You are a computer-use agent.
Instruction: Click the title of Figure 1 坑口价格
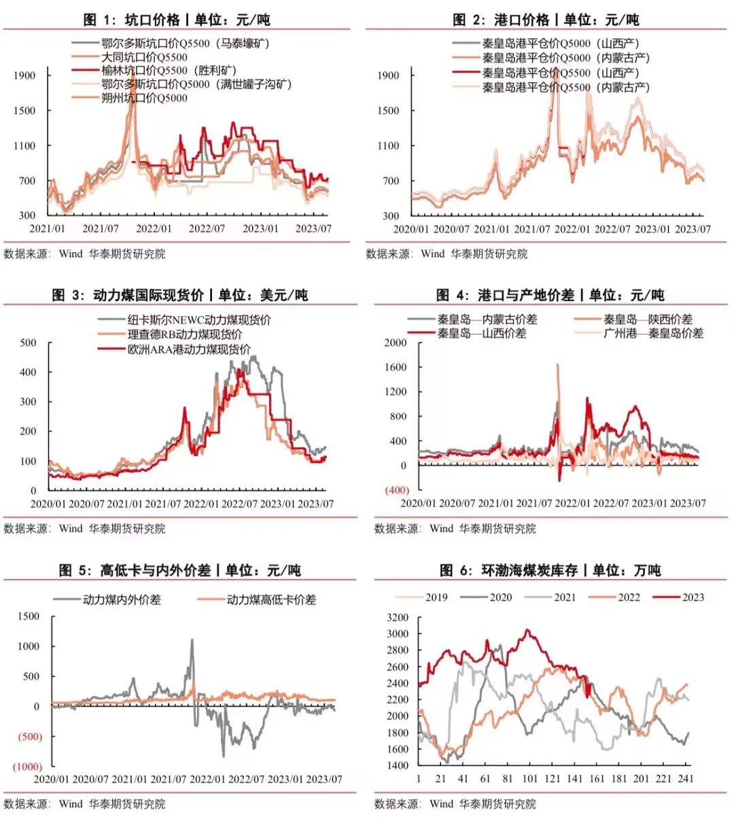177,20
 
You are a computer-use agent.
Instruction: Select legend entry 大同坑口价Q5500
144,57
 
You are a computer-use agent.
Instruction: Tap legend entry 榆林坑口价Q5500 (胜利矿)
168,71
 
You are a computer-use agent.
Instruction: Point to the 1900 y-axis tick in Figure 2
388,75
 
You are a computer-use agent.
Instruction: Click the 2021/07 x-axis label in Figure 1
101,228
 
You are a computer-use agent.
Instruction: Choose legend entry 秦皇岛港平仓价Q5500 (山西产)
560,73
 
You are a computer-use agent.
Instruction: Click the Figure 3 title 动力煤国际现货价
180,295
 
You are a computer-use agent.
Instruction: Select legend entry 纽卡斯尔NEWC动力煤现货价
198,319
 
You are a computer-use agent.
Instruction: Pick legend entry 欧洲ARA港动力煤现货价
188,349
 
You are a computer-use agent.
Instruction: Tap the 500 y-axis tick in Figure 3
28,343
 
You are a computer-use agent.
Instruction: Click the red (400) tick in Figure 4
397,490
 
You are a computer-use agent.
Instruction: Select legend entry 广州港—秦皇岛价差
652,333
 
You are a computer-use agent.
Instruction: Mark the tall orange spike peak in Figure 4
558,365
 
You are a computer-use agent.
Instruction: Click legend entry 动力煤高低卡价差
270,599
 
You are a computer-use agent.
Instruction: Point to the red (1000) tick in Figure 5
27,767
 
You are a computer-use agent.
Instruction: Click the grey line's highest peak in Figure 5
192,640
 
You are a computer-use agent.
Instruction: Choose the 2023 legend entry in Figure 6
693,597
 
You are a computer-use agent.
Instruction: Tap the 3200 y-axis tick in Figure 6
398,618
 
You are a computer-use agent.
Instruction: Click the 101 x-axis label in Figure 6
530,779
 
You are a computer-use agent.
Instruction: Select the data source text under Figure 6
455,804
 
